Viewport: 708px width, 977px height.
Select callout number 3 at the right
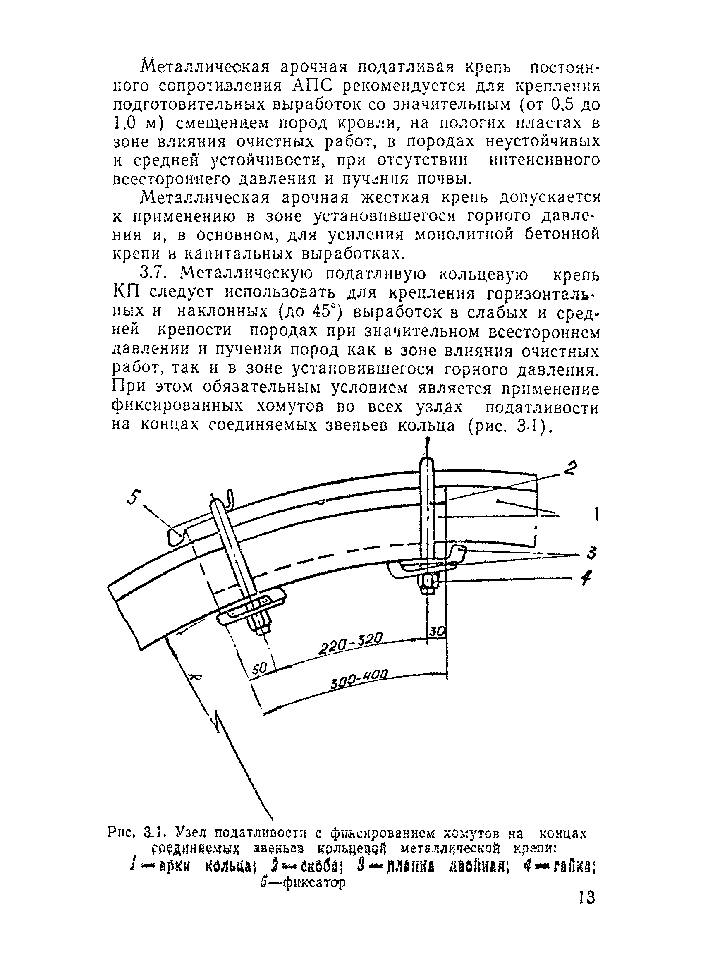click(592, 553)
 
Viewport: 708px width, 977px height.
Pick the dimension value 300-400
click(361, 680)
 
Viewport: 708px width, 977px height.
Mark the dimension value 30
click(437, 632)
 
